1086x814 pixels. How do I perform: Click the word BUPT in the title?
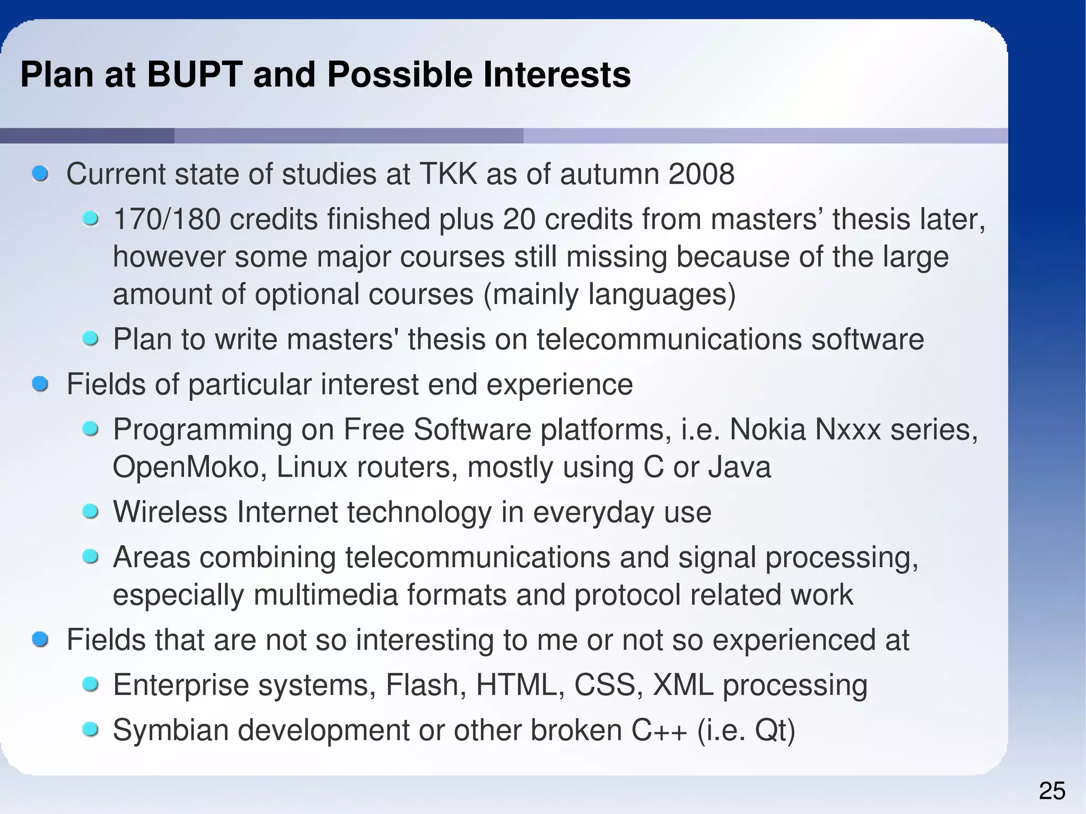[195, 74]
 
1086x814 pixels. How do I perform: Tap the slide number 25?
[1052, 791]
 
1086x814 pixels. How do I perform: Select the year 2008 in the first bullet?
[701, 174]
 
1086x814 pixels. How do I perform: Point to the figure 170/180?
[167, 219]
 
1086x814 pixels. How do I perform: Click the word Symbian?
[171, 730]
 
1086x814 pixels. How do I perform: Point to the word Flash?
[426, 685]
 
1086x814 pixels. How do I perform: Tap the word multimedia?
[326, 594]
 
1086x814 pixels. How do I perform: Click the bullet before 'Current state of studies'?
[40, 174]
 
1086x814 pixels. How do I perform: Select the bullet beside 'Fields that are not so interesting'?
[40, 640]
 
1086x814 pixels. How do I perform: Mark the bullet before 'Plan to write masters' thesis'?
[91, 339]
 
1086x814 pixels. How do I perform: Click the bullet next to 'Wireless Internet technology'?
[91, 512]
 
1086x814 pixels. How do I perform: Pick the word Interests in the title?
[557, 74]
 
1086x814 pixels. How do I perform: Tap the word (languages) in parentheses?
[662, 294]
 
